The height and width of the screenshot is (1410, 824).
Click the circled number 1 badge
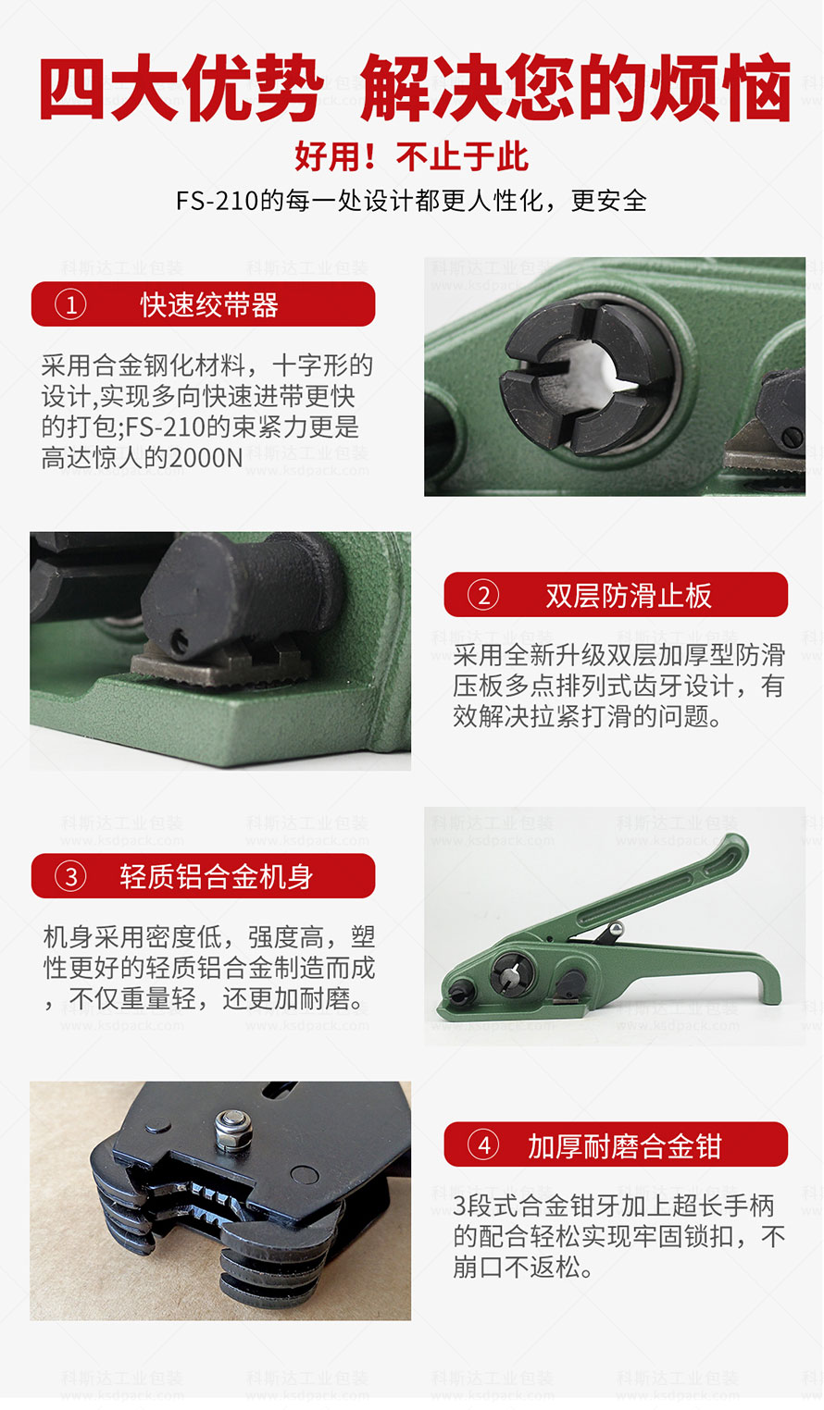(x=70, y=304)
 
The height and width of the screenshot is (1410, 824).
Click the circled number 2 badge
(x=483, y=595)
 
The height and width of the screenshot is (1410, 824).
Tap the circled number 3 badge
(x=70, y=876)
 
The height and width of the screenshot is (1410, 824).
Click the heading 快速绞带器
(x=209, y=305)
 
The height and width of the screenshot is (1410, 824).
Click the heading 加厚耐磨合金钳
(x=624, y=1145)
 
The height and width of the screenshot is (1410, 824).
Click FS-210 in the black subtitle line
(x=217, y=202)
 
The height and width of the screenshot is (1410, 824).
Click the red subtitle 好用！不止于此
(x=411, y=156)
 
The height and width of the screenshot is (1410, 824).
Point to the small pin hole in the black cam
(x=180, y=641)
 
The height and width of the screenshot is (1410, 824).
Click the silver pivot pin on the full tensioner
(x=615, y=929)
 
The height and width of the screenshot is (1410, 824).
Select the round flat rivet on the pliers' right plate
(x=305, y=1175)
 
